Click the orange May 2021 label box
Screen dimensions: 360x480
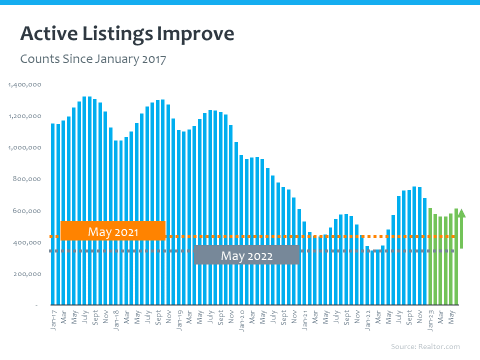112,231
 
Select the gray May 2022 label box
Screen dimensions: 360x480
246,255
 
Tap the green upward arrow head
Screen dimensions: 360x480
461,213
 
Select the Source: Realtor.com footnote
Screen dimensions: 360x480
425,346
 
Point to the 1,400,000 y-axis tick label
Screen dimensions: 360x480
25,84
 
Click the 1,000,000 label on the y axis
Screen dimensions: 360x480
25,147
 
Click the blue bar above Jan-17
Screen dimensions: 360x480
53,215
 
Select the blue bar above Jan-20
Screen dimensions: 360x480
241,230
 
